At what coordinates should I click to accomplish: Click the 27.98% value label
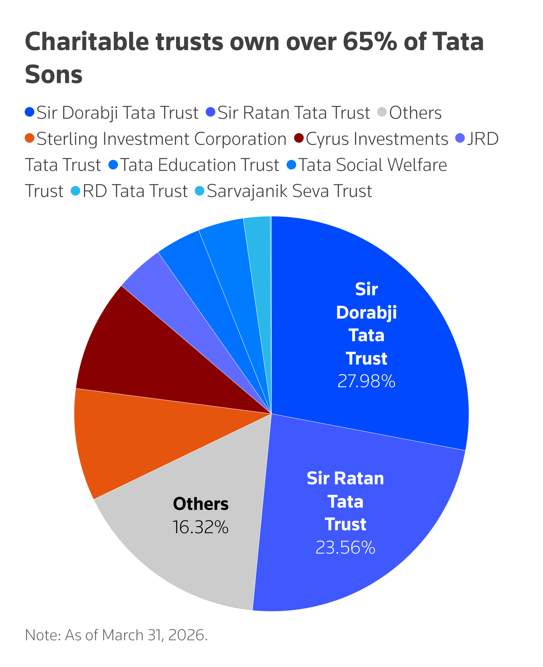pyautogui.click(x=366, y=381)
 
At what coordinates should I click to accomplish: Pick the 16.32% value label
pyautogui.click(x=201, y=527)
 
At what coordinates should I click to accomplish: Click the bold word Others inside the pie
pyautogui.click(x=201, y=504)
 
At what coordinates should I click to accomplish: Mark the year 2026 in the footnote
pyautogui.click(x=187, y=635)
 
